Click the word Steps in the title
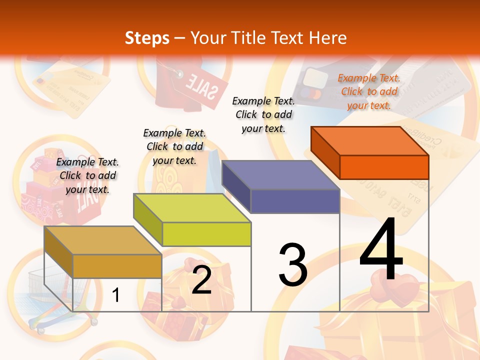(146, 38)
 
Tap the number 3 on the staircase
(293, 265)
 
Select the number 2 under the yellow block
(201, 280)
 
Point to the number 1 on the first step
(116, 295)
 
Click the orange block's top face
(370, 140)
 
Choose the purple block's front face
(295, 201)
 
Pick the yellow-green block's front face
(206, 234)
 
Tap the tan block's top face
(102, 240)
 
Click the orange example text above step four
(369, 91)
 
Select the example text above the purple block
(263, 114)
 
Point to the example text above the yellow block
(174, 146)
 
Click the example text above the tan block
(87, 175)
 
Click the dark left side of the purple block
(236, 182)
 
